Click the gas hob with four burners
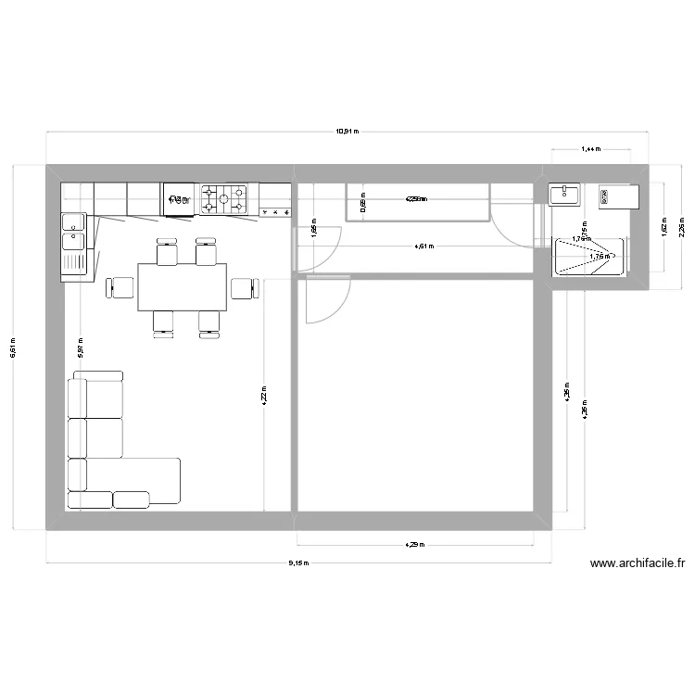(225, 197)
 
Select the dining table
(183, 287)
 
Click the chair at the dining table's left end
(120, 287)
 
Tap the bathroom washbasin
(564, 194)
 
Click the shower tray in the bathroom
(590, 257)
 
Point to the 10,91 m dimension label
(347, 132)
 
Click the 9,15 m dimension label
(297, 562)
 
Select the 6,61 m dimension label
(12, 347)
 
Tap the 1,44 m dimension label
(590, 148)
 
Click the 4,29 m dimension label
(413, 545)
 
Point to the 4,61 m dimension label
(423, 246)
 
